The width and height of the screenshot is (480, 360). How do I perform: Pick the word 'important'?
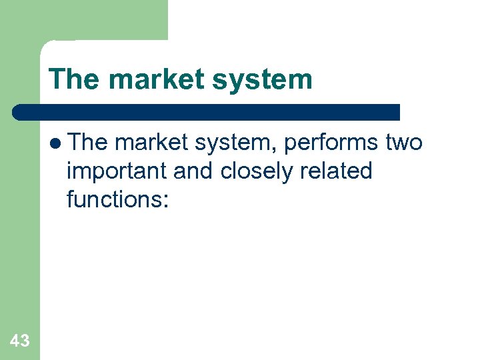pyautogui.click(x=117, y=171)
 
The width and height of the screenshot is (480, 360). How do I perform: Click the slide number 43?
pyautogui.click(x=20, y=341)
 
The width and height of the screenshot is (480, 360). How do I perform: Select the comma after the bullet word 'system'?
pyautogui.click(x=258, y=149)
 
